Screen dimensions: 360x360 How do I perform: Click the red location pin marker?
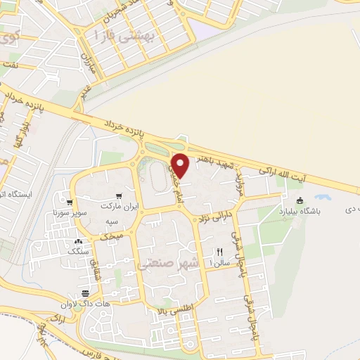coord(181,166)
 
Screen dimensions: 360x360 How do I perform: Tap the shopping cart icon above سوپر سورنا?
coord(70,198)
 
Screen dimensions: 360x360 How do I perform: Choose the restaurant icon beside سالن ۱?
coord(219,251)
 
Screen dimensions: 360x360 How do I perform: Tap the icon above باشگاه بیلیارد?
coord(301,201)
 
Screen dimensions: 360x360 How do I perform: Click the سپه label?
coord(111,221)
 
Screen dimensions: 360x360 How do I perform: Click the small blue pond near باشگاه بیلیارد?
coord(323,198)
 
